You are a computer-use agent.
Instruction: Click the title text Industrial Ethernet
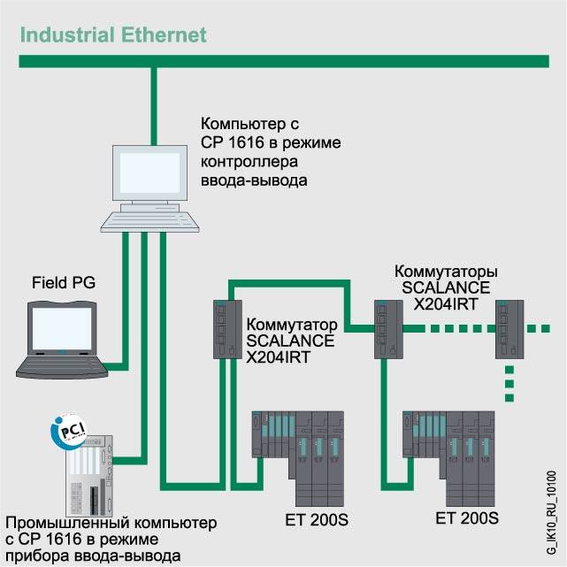113,36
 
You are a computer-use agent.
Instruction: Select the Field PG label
63,283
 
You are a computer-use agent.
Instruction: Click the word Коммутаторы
446,271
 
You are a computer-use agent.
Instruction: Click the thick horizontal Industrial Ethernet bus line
283,61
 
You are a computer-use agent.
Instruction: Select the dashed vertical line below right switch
509,380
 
